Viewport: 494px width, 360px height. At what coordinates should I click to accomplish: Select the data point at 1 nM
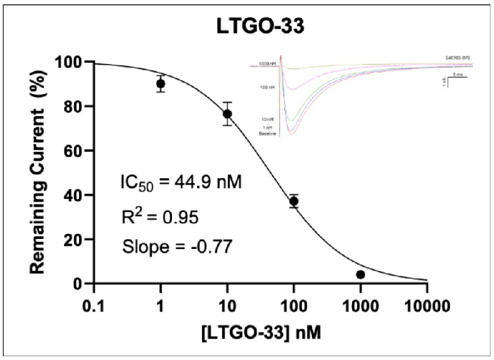coord(161,83)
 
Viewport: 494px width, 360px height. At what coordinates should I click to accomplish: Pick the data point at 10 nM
coord(227,114)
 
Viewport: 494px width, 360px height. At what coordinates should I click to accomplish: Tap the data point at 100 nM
coord(294,201)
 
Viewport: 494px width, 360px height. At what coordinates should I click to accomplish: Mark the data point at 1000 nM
coord(360,275)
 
